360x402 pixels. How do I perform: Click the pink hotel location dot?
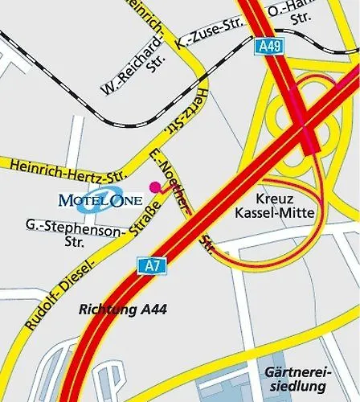(154, 186)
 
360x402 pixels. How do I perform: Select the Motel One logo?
(100, 198)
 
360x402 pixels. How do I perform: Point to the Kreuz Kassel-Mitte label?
(275, 205)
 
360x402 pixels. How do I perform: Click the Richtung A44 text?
(122, 307)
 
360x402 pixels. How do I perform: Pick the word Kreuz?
(275, 198)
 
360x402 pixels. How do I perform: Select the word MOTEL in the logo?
(80, 199)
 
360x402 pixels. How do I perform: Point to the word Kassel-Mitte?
(275, 213)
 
